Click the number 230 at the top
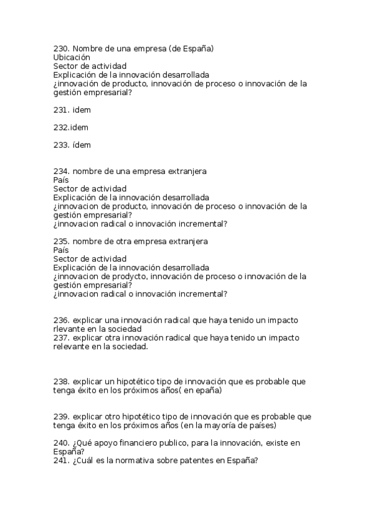click(61, 48)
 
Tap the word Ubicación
click(72, 57)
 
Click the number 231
click(61, 109)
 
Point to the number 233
click(61, 145)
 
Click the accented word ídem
click(82, 145)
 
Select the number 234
click(61, 171)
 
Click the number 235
click(61, 241)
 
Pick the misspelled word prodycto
click(130, 276)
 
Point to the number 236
click(61, 320)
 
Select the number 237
click(61, 337)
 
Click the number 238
click(61, 381)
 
